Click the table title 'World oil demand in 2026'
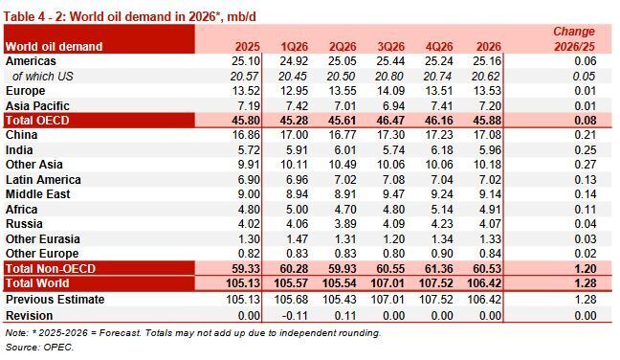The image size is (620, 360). pos(163,16)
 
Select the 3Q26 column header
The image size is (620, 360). pos(390,47)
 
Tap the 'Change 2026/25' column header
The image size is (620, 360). pos(574,38)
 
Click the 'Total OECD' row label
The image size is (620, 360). pos(37,121)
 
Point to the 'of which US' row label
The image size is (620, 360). pos(43,76)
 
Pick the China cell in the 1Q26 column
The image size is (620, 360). pos(294,135)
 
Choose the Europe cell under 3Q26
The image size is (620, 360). pos(390,91)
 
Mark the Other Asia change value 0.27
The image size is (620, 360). pos(585,165)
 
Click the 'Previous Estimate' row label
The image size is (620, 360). pos(55,300)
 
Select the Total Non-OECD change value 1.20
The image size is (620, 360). pos(586,269)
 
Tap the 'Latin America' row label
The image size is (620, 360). pos(43,180)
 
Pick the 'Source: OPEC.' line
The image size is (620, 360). pos(39,348)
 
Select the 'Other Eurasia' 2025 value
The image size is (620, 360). pos(249,239)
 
